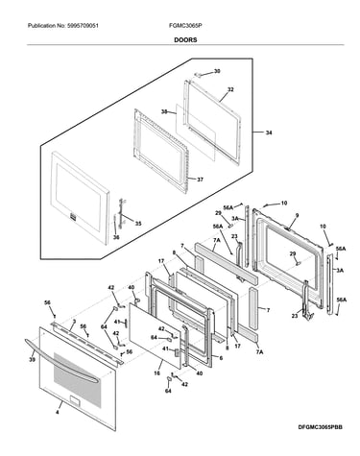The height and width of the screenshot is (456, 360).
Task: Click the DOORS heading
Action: (185, 40)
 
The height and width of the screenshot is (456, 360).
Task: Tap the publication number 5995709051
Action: (84, 26)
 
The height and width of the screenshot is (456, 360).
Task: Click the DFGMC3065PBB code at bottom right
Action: (320, 427)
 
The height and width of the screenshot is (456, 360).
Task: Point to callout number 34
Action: (269, 132)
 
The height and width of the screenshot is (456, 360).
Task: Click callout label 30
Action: (217, 71)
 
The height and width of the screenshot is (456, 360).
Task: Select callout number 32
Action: (230, 90)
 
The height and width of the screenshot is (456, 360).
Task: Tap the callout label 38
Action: (164, 111)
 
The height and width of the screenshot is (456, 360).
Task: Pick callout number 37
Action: (200, 180)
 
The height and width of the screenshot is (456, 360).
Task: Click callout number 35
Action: (138, 224)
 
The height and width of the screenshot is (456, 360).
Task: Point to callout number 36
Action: (116, 237)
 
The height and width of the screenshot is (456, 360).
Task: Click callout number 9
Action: (297, 216)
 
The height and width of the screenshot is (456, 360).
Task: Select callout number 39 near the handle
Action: (32, 360)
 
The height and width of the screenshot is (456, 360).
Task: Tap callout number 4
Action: (58, 413)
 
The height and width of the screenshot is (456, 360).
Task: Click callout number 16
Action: (156, 373)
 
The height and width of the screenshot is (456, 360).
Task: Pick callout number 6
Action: (221, 358)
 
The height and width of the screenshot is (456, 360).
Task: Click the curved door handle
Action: (60, 362)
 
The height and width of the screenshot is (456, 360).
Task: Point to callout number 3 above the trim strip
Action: (74, 321)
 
